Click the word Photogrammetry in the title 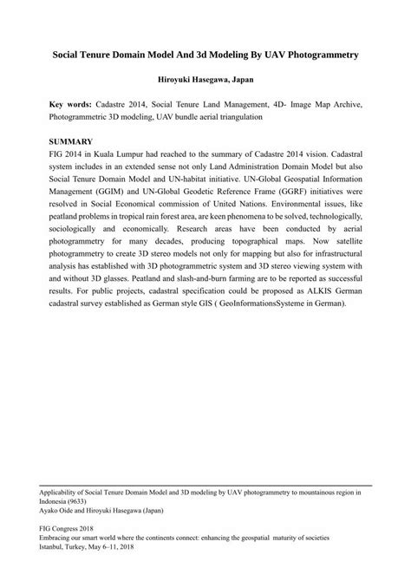click(310, 54)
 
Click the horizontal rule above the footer click(205, 486)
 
